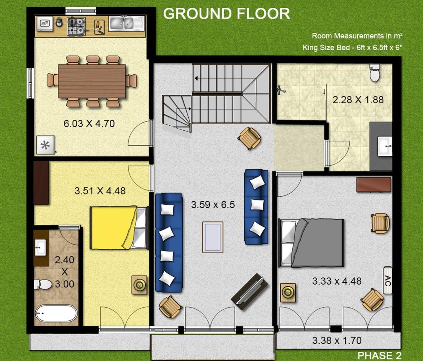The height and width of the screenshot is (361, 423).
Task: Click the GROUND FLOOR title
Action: pyautogui.click(x=227, y=14)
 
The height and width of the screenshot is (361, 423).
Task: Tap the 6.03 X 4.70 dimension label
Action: pyautogui.click(x=89, y=124)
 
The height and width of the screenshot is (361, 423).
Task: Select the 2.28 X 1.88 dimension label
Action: pyautogui.click(x=358, y=100)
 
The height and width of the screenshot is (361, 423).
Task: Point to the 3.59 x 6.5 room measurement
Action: pyautogui.click(x=213, y=205)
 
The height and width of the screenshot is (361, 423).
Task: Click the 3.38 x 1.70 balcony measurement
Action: pyautogui.click(x=337, y=341)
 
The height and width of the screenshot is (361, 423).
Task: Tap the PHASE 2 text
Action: pyautogui.click(x=379, y=355)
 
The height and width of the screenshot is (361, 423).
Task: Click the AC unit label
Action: pyautogui.click(x=388, y=280)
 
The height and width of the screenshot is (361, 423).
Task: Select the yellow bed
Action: pyautogui.click(x=119, y=228)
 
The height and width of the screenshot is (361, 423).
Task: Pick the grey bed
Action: pyautogui.click(x=311, y=243)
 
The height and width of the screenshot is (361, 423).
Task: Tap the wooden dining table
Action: pyautogui.click(x=92, y=81)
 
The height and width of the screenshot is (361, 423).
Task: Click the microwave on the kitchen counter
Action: pyautogui.click(x=45, y=23)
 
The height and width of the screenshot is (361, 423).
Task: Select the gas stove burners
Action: pyautogui.click(x=76, y=26)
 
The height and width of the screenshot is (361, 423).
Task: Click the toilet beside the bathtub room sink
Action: pyautogui.click(x=43, y=284)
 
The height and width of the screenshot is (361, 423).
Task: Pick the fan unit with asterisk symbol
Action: pyautogui.click(x=46, y=145)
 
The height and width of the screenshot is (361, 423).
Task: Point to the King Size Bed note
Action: pyautogui.click(x=352, y=48)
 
